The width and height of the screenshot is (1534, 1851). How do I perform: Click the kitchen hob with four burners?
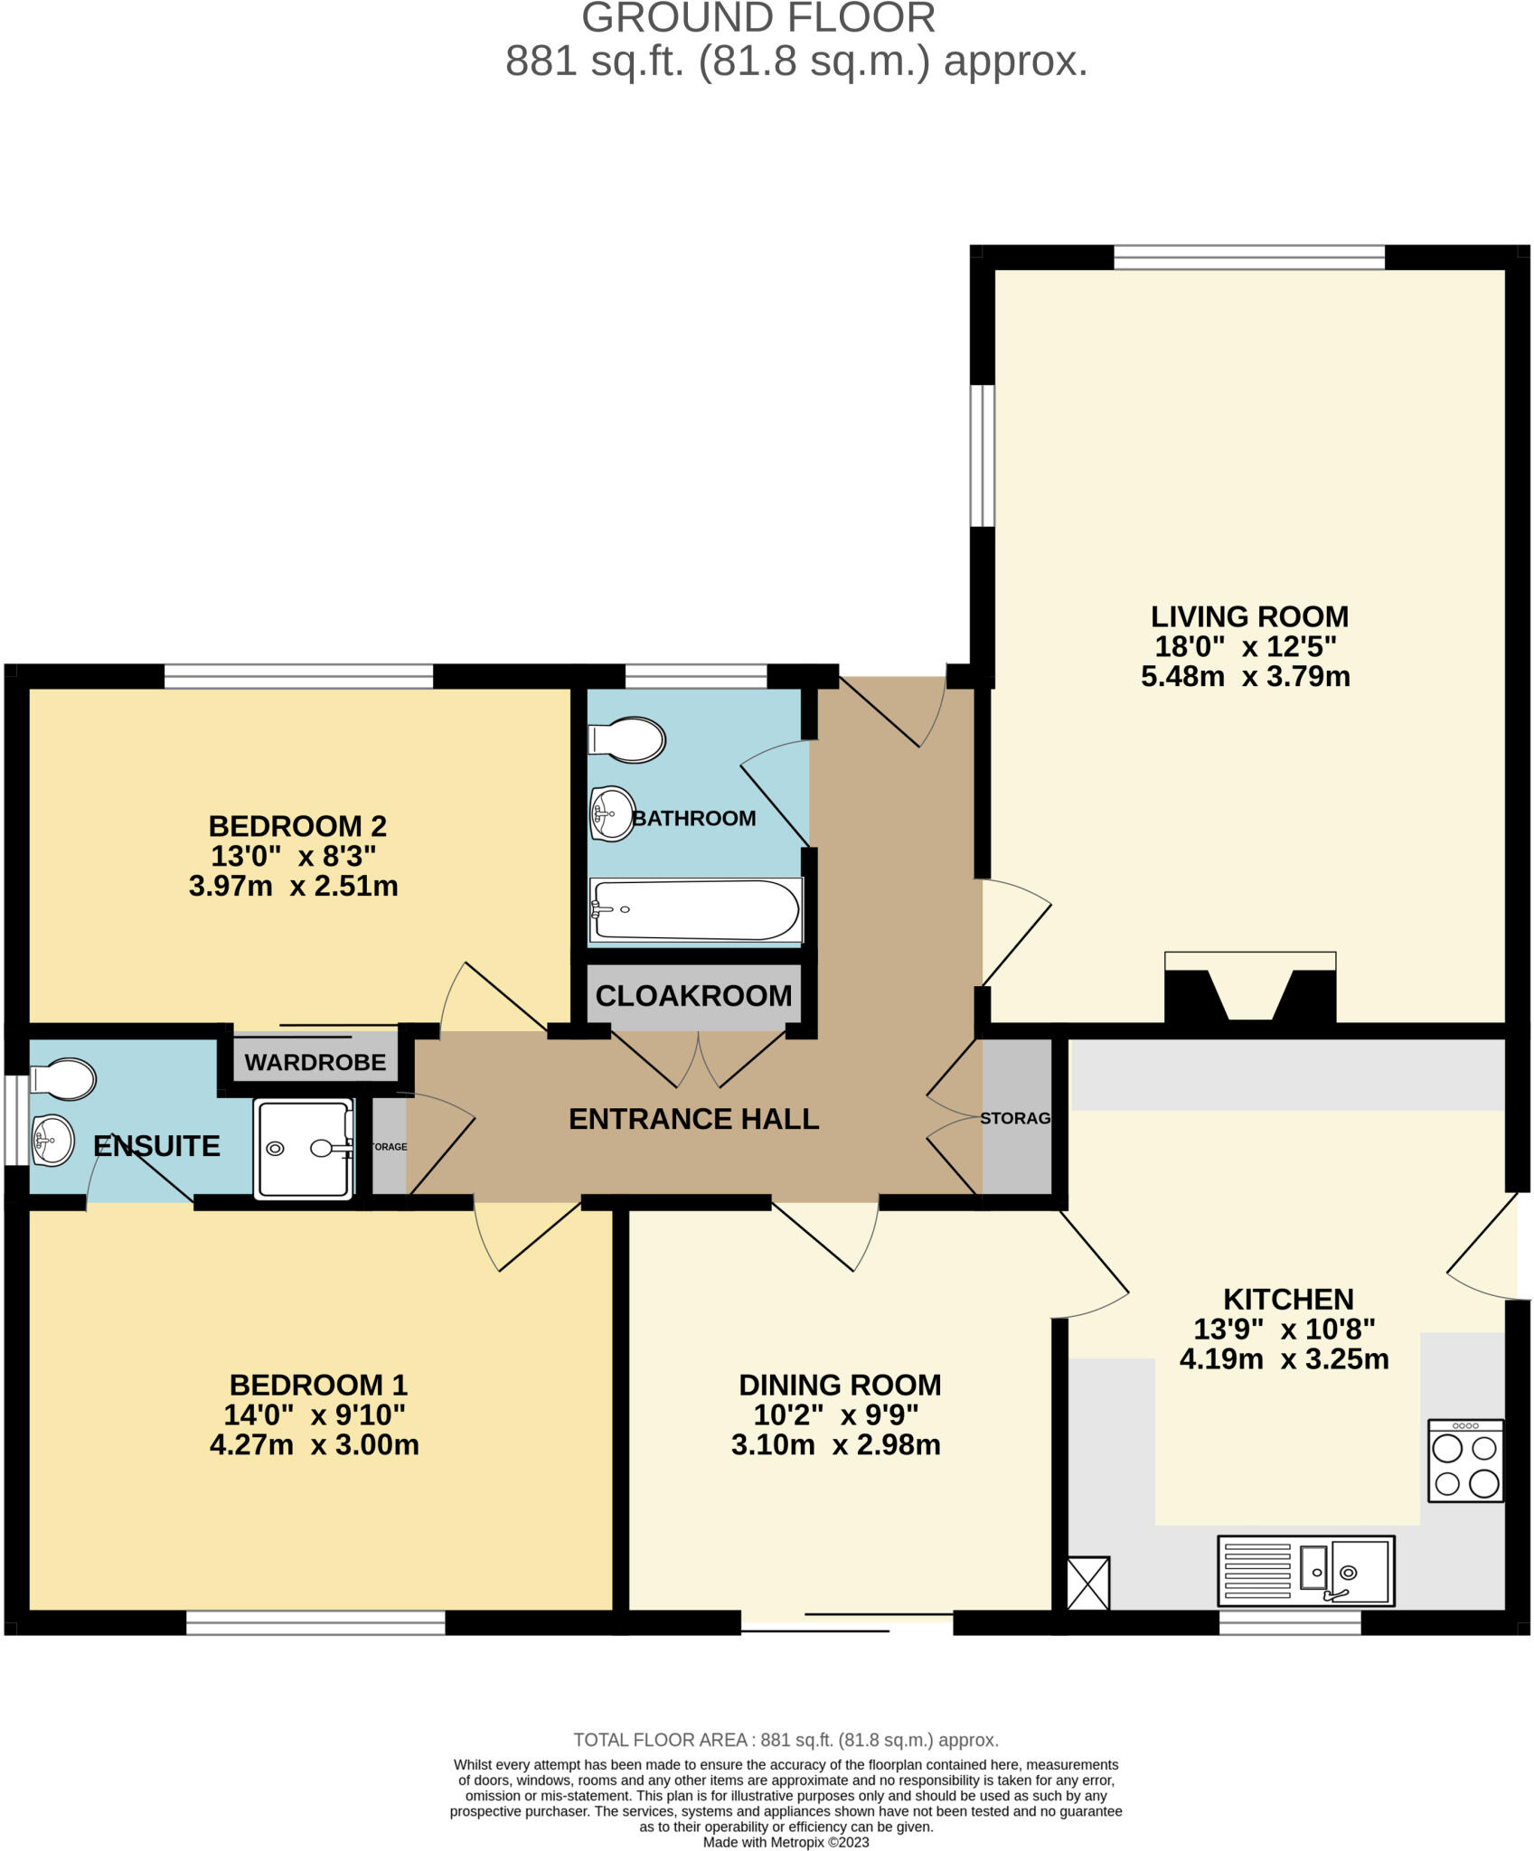pos(1464,1461)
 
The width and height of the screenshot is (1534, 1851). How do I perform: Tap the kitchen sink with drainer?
pos(1305,1571)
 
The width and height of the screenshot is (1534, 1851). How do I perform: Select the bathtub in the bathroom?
pos(695,911)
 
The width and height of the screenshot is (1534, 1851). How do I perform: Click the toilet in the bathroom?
pos(627,739)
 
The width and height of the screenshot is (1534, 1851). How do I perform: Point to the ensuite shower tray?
pos(304,1149)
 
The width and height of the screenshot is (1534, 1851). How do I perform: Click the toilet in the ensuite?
pos(62,1080)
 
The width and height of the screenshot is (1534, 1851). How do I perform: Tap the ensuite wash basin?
pos(52,1141)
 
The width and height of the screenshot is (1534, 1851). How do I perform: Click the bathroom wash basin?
pos(612,813)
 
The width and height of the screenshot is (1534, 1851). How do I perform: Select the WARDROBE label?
pos(315,1063)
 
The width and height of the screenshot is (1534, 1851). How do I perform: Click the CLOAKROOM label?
pos(693,996)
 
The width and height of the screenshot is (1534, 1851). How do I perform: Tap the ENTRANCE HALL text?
pos(693,1119)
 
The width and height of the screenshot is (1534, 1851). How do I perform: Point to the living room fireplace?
pos(1249,990)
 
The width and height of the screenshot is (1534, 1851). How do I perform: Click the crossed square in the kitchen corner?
pos(1087,1583)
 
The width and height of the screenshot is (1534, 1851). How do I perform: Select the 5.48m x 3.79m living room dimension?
pos(1245,677)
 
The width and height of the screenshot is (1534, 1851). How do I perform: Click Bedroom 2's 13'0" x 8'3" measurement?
pos(293,856)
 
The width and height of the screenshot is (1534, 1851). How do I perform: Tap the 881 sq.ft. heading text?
pos(795,61)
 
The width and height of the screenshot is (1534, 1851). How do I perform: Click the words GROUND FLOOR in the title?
pos(758,18)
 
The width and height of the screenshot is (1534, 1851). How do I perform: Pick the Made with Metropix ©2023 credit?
pos(786,1842)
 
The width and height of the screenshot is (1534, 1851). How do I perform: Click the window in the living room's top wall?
pos(1248,258)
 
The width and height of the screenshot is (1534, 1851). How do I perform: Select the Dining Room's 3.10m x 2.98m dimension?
pos(835,1445)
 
